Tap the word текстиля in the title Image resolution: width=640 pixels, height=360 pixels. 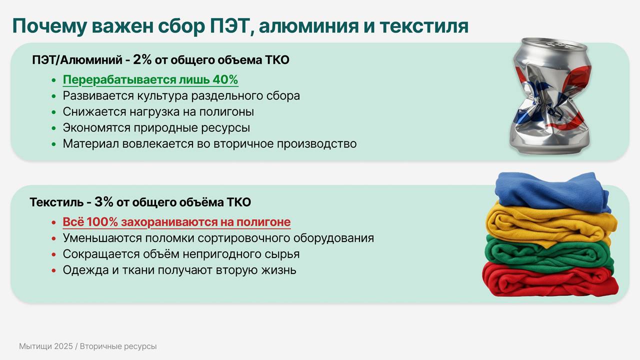click(423, 26)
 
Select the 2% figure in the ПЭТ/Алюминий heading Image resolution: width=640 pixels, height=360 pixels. click(142, 60)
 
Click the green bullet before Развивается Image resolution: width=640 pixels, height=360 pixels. click(54, 96)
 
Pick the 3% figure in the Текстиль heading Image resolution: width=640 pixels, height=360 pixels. click(104, 202)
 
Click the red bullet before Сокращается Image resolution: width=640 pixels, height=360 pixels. click(54, 254)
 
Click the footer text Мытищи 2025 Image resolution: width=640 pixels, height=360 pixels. click(46, 346)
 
